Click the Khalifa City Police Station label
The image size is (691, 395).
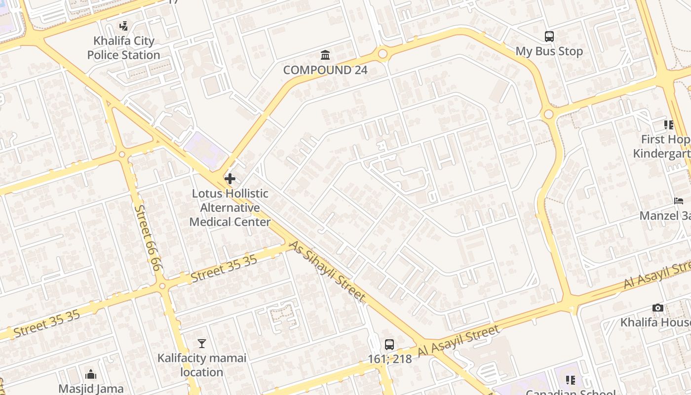(x=123, y=48)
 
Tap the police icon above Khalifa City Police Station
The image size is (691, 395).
(x=123, y=26)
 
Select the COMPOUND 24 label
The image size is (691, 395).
(x=325, y=70)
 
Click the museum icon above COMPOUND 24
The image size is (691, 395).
(x=325, y=54)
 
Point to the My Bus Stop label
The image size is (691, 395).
(x=549, y=51)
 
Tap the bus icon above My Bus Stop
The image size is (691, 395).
(x=549, y=36)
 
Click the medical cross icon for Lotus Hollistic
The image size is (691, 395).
(x=230, y=178)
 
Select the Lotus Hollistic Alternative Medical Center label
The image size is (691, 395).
(x=230, y=208)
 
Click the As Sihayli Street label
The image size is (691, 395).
(x=327, y=271)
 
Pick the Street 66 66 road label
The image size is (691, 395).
(x=148, y=237)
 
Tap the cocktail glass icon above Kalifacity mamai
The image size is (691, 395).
(x=201, y=343)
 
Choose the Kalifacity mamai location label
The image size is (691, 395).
(x=201, y=365)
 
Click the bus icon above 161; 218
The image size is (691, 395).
(x=389, y=345)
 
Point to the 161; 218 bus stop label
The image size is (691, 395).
(x=389, y=359)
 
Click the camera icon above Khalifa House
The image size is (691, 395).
(x=657, y=308)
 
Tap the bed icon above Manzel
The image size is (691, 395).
(x=679, y=201)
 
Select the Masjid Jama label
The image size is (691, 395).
(x=91, y=389)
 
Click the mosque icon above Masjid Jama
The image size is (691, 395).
(x=91, y=374)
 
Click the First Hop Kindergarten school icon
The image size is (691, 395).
(x=669, y=125)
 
